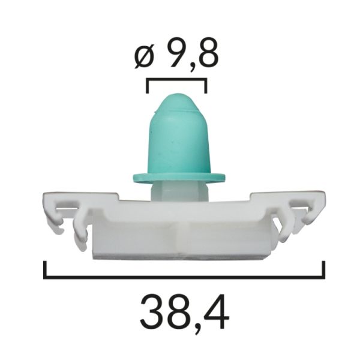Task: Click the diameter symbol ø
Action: pos(144,56)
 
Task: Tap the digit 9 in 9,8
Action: pos(179,55)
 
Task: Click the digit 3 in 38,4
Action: pos(151,312)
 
